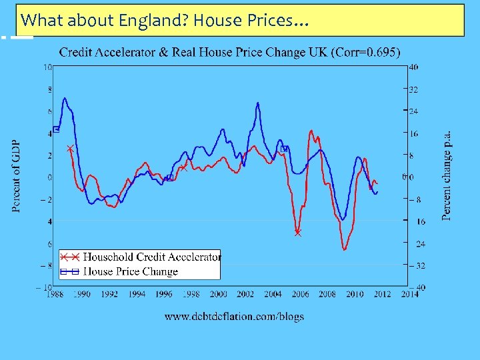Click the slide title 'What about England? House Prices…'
click(164, 21)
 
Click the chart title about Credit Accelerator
click(230, 53)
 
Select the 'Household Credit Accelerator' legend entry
click(151, 257)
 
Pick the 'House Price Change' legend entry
click(130, 271)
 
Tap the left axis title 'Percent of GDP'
click(16, 176)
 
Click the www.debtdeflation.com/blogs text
click(234, 316)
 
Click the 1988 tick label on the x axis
click(55, 294)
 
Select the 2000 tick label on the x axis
click(219, 294)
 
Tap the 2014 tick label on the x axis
click(409, 294)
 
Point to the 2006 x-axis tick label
click(300, 294)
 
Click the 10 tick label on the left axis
click(49, 67)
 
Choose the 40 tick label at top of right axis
click(413, 67)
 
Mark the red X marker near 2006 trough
click(298, 233)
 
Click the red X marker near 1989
click(70, 149)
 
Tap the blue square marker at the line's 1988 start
click(56, 129)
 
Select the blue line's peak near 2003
click(258, 103)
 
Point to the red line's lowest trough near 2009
click(345, 250)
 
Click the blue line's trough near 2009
click(343, 220)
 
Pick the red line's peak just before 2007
click(311, 131)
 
